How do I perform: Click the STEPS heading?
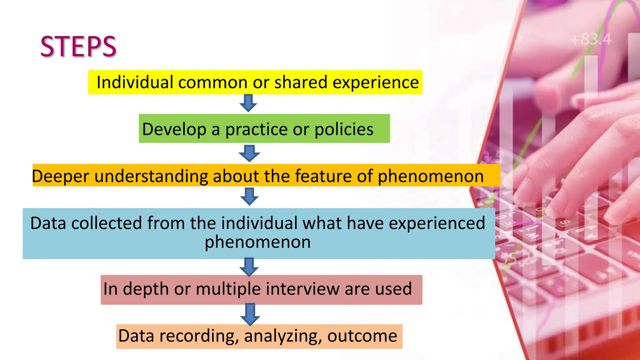point(78,47)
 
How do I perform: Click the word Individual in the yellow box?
point(135,82)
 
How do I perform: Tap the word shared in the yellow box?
point(300,82)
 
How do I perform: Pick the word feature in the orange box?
point(323,176)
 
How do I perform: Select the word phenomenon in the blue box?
point(257,242)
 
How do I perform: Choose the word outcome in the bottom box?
point(362,336)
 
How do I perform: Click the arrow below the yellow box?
point(248,103)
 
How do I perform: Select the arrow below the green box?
point(249,153)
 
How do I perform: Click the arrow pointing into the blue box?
point(249,196)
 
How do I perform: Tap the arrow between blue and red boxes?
point(249,267)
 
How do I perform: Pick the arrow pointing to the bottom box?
point(250,314)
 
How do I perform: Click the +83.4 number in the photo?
point(591,40)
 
